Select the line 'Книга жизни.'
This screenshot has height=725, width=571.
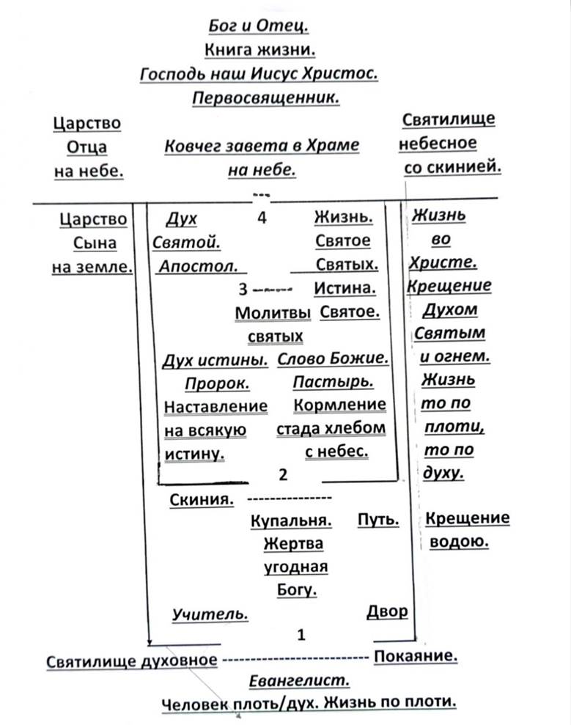click(x=258, y=50)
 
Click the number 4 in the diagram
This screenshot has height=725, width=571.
click(x=262, y=217)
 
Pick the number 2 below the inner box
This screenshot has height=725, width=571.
click(x=282, y=475)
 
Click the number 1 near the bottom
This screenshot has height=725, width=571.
click(x=301, y=634)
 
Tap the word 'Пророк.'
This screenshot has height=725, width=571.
click(x=217, y=383)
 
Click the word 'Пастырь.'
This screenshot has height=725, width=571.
click(x=333, y=382)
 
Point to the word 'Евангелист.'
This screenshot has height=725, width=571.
click(x=298, y=680)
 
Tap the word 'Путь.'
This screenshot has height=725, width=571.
click(x=378, y=520)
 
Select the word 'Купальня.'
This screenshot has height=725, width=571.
click(x=291, y=521)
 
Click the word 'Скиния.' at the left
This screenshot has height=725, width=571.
click(x=202, y=500)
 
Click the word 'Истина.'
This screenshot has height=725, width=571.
click(x=345, y=288)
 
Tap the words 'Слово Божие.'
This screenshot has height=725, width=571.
click(x=332, y=359)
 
